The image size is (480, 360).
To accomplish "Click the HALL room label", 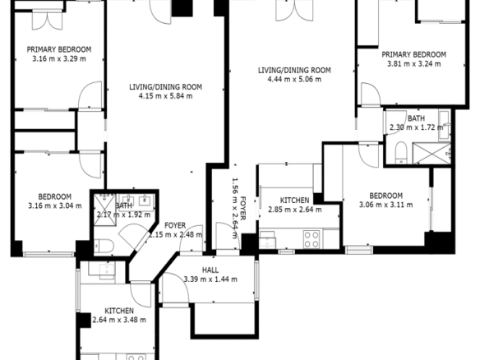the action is [210, 270].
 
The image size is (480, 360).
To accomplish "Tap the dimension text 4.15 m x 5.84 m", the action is [165, 96].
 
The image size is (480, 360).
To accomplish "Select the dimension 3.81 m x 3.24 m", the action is [414, 64].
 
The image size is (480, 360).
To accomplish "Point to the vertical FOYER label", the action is [243, 208].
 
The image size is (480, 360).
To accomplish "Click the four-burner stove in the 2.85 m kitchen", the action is [312, 239].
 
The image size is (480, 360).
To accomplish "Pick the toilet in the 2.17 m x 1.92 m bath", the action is [104, 246].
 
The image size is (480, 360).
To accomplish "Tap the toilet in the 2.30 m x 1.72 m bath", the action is [401, 152].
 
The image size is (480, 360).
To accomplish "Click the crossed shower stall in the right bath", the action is [432, 153].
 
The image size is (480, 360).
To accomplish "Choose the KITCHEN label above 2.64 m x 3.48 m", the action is [119, 311].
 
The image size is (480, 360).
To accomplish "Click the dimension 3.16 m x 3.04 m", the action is [55, 205].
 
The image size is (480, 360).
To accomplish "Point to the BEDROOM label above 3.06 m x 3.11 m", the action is [385, 196].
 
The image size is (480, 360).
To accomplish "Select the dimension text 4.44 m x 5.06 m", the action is [294, 80].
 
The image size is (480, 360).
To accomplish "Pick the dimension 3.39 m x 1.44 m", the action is [210, 279].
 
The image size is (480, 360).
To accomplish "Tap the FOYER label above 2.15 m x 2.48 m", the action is [175, 225].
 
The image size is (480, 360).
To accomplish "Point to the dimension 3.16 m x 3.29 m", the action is [59, 59].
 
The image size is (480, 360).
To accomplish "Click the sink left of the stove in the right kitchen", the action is [267, 240].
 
